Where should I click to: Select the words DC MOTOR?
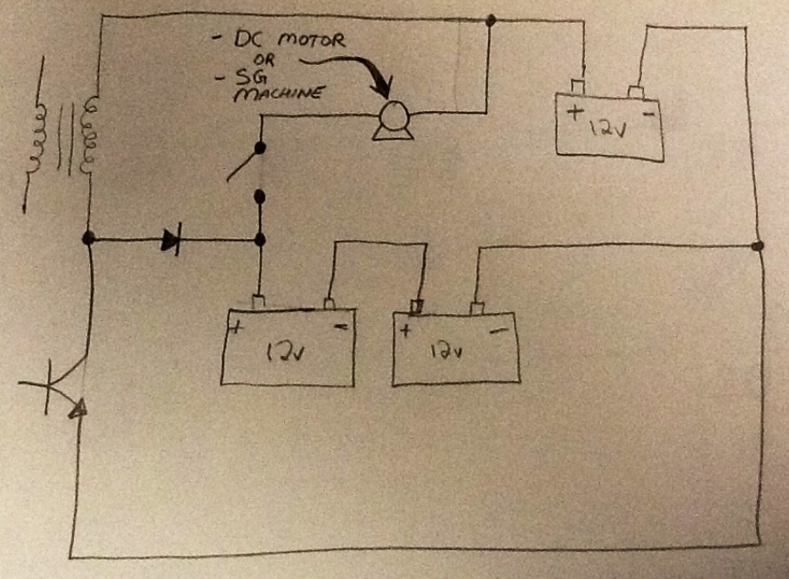coord(289,40)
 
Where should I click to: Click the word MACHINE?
coord(277,93)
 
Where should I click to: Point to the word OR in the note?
coord(264,60)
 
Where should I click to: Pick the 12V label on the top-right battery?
coord(608,128)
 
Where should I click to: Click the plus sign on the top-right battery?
coord(574,111)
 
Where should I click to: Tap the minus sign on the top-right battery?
coord(649,115)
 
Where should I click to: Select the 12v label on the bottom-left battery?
coord(285,352)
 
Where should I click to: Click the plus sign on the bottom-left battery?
coord(236,328)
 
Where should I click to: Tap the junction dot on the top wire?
coord(491,20)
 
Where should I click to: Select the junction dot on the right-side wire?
coord(757,245)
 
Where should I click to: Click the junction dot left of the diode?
coord(88,237)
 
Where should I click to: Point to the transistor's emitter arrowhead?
coord(79,409)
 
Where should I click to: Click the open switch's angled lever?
coord(243,164)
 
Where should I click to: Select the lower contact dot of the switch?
coord(260,196)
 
